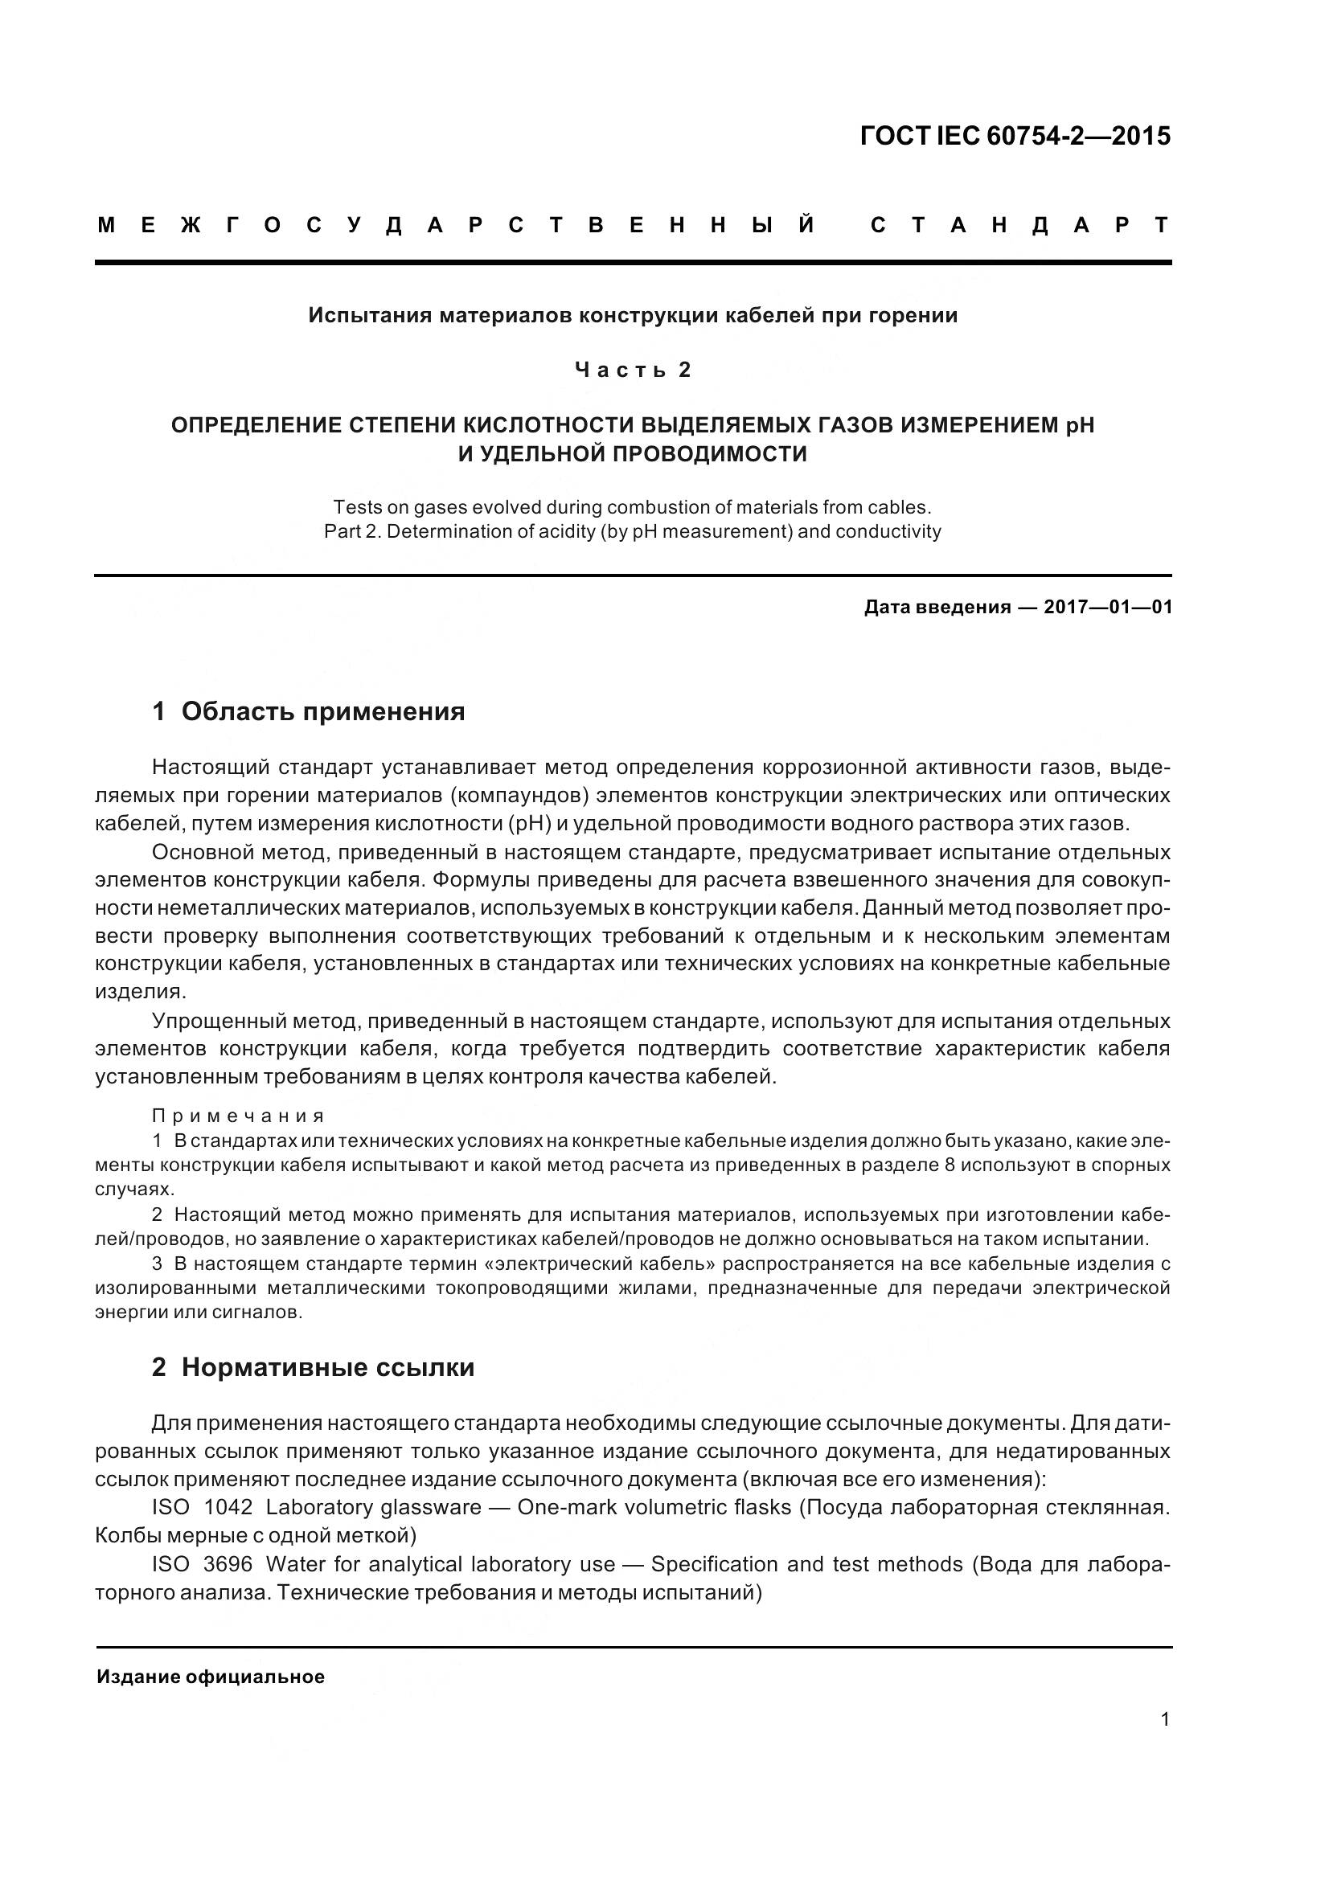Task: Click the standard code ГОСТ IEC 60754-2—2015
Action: [x=1015, y=136]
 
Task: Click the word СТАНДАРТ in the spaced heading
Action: [x=1019, y=225]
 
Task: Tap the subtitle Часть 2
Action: [x=632, y=370]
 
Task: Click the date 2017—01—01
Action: [x=1108, y=608]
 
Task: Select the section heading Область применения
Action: [x=322, y=711]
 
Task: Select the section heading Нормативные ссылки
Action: [x=327, y=1367]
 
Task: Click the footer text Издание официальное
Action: [x=211, y=1677]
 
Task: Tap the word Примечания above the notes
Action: [x=238, y=1116]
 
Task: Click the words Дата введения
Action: [x=937, y=608]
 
